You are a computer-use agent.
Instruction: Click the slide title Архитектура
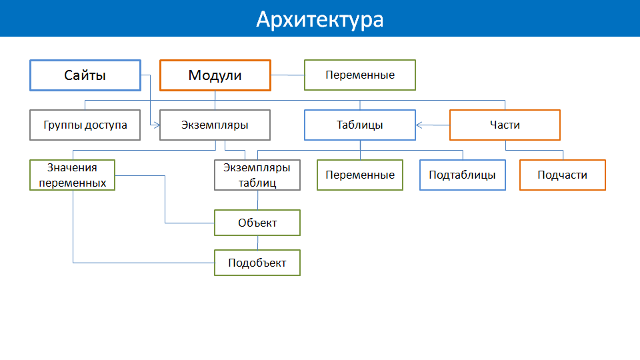pyautogui.click(x=319, y=19)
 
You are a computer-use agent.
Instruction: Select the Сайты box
pyautogui.click(x=85, y=75)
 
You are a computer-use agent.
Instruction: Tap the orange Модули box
pyautogui.click(x=215, y=75)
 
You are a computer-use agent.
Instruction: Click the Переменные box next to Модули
pyautogui.click(x=360, y=75)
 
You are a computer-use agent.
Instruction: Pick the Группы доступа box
pyautogui.click(x=85, y=125)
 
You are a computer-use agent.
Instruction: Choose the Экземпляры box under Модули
pyautogui.click(x=215, y=125)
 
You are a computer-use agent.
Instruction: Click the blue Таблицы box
pyautogui.click(x=360, y=125)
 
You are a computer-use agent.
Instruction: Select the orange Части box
pyautogui.click(x=505, y=125)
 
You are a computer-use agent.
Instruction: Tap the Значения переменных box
pyautogui.click(x=73, y=175)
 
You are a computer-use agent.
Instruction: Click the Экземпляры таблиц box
pyautogui.click(x=257, y=175)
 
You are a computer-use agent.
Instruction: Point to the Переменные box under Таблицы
pyautogui.click(x=360, y=175)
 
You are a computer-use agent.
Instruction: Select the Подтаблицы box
pyautogui.click(x=463, y=175)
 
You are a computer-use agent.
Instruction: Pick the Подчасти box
pyautogui.click(x=563, y=175)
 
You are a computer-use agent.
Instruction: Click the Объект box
pyautogui.click(x=257, y=223)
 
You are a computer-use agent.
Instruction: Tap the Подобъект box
pyautogui.click(x=257, y=263)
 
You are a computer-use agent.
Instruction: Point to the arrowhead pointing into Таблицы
pyautogui.click(x=419, y=125)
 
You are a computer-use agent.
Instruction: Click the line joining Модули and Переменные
pyautogui.click(x=288, y=75)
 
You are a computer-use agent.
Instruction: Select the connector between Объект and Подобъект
pyautogui.click(x=257, y=243)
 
